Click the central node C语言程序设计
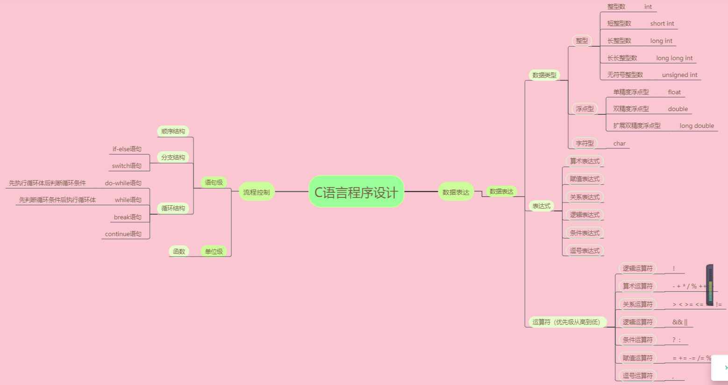(x=356, y=192)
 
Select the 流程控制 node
(x=256, y=192)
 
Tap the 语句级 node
(x=214, y=182)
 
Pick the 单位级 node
(x=214, y=252)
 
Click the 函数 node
(x=179, y=252)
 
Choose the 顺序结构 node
(x=173, y=131)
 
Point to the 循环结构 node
(x=173, y=208)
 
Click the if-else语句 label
(x=127, y=149)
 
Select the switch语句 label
(x=127, y=166)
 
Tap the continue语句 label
(x=123, y=234)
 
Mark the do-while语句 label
(x=123, y=183)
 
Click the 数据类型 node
(x=544, y=75)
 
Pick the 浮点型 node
(x=585, y=109)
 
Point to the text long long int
(x=674, y=58)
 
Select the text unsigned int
(x=679, y=75)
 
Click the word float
(x=674, y=92)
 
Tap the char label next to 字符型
(x=619, y=143)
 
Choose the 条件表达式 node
(x=585, y=233)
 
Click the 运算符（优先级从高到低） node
(x=566, y=322)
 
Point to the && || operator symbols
(x=680, y=322)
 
